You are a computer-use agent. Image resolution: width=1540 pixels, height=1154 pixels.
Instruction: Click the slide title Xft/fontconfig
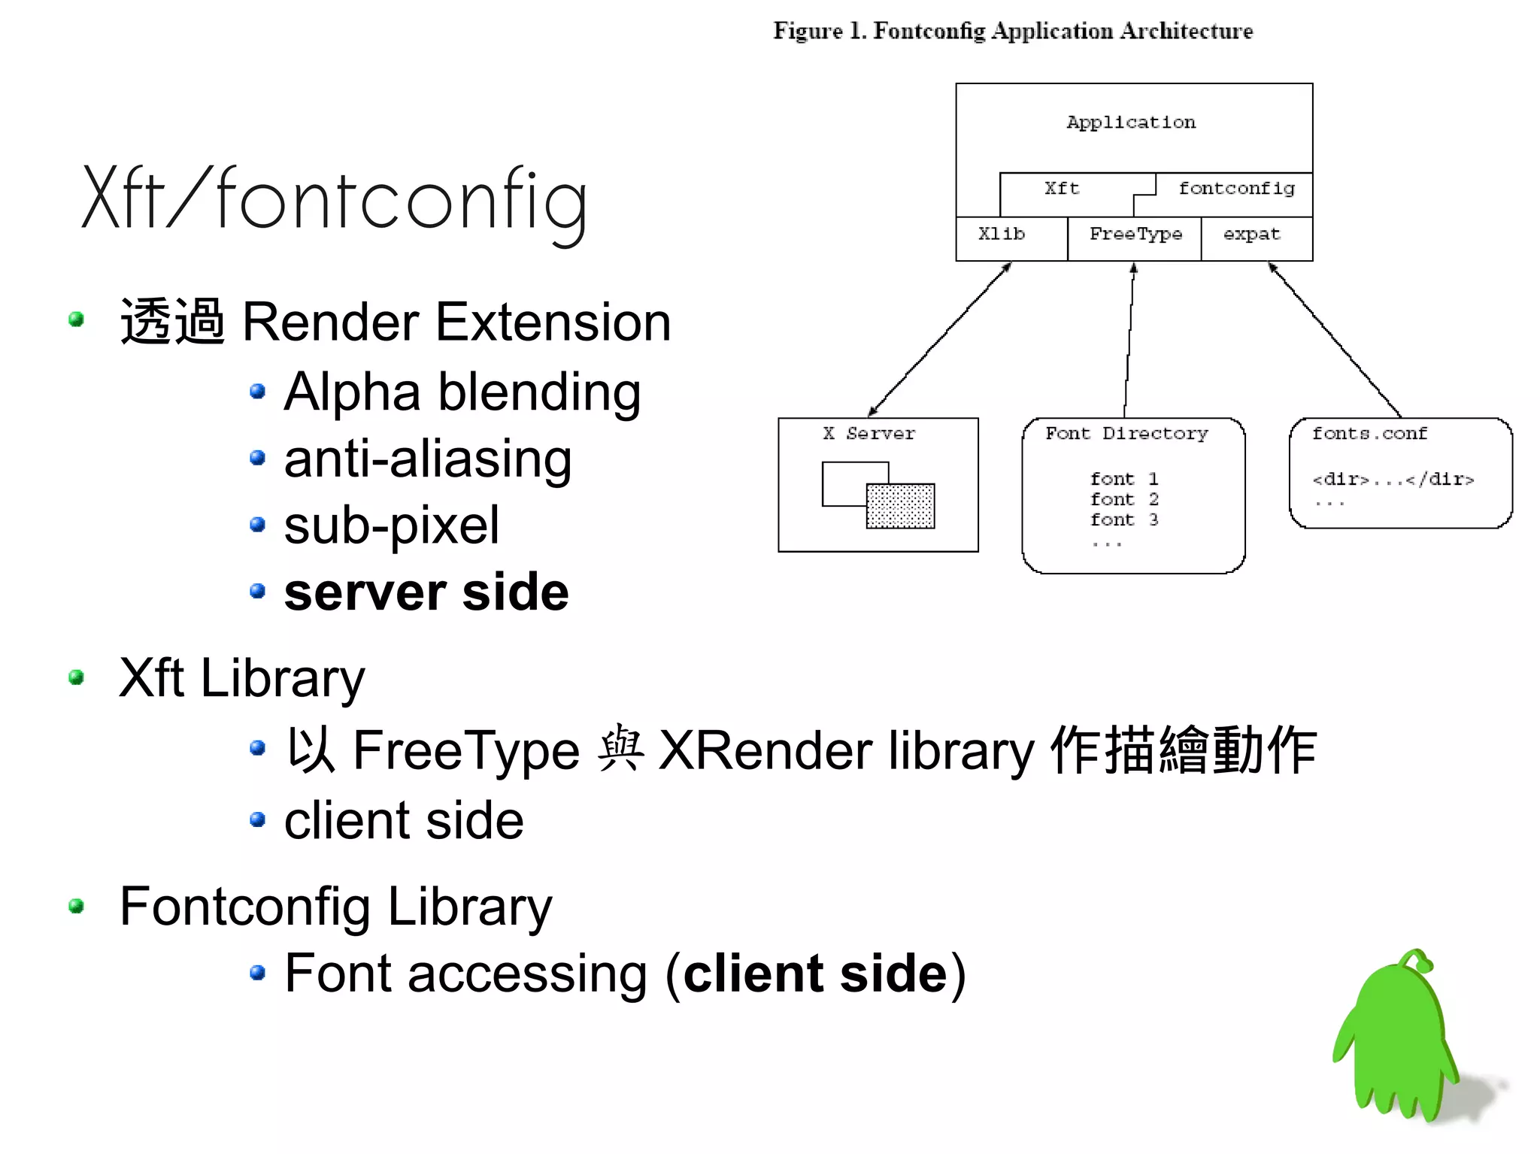point(335,199)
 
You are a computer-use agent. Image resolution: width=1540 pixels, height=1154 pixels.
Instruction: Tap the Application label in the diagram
point(1130,123)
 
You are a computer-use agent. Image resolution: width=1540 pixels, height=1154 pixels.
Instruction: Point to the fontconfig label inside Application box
point(1236,189)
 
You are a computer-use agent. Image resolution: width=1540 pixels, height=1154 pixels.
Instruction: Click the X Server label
point(869,434)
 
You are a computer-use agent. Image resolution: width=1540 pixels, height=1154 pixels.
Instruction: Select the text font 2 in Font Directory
point(1124,499)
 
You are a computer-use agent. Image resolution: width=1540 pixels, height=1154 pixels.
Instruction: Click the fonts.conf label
point(1369,434)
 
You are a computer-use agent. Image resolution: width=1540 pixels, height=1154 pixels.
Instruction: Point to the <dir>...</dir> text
point(1393,479)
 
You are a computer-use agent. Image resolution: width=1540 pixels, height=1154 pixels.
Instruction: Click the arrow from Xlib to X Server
point(940,338)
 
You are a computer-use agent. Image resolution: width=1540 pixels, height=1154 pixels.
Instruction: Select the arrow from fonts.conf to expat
point(1335,340)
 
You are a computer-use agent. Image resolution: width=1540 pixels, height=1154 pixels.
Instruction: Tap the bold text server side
point(426,592)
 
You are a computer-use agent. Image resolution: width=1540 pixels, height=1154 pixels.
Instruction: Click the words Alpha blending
point(462,392)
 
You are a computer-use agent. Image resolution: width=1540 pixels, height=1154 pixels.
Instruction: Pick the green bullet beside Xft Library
point(76,678)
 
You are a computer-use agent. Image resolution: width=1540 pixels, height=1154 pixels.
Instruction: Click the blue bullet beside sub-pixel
point(258,525)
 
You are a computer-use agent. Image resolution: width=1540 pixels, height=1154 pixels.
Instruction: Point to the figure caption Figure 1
point(1013,31)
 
